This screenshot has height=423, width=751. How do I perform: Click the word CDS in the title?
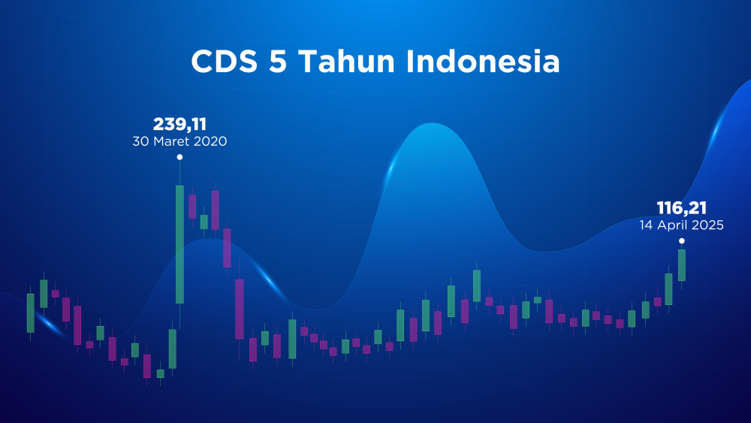pos(224,62)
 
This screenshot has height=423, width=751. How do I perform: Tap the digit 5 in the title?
pos(278,62)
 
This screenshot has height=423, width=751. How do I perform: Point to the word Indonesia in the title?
pos(483,62)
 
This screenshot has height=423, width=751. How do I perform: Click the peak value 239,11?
pos(179,125)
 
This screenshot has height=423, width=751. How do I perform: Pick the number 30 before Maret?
pos(141,141)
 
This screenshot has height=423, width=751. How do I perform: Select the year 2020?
pos(209,141)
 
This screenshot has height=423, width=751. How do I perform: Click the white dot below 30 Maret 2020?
pos(179,157)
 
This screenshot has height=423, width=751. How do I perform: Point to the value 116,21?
pos(682,208)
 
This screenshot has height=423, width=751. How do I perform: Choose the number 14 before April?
pos(646,225)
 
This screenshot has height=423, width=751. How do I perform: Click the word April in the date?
pos(671,225)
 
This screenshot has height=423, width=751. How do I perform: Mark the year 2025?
pos(707,225)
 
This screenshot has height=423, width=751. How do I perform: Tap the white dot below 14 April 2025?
pos(682,241)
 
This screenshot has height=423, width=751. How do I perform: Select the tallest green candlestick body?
pos(179,244)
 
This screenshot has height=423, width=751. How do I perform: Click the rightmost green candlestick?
pos(682,265)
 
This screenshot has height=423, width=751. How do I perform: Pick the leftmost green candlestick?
pos(31,313)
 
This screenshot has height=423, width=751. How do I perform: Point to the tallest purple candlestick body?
pos(240,310)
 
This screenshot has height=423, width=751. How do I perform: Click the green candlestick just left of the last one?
pos(668,289)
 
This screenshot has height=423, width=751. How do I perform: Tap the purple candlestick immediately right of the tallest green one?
pos(192,207)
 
